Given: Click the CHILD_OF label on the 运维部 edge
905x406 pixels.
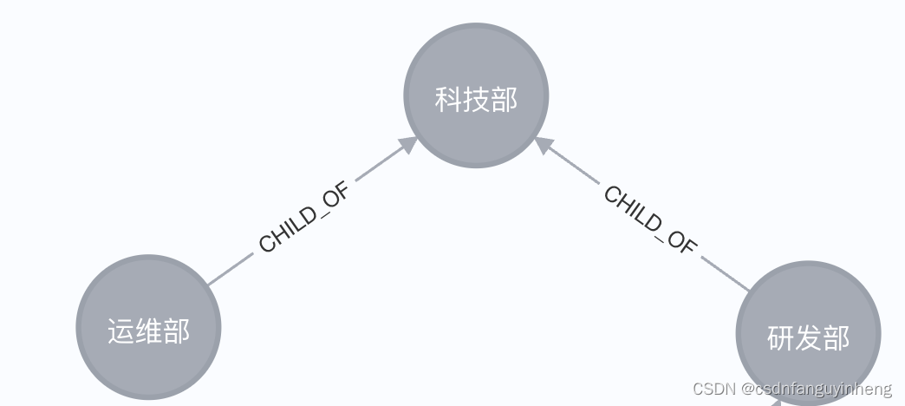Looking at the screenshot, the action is click(x=304, y=218).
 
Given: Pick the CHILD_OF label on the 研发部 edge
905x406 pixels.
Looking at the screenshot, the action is click(x=650, y=219).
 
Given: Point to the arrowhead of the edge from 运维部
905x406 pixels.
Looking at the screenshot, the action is click(x=407, y=145).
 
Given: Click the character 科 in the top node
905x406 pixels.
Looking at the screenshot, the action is click(x=448, y=99).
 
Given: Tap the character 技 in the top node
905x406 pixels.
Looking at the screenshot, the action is click(x=476, y=99).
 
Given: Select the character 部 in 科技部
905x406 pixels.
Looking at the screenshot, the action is click(x=504, y=99).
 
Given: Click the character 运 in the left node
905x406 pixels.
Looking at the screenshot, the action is click(x=121, y=331).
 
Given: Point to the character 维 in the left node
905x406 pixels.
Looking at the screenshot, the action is click(x=148, y=331).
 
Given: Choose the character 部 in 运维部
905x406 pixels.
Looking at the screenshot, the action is click(x=176, y=331).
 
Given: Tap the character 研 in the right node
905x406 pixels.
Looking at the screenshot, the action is click(x=780, y=337).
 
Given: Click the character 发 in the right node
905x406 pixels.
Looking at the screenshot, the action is click(x=808, y=337).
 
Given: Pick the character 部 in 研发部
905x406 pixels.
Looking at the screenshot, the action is click(x=836, y=337).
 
